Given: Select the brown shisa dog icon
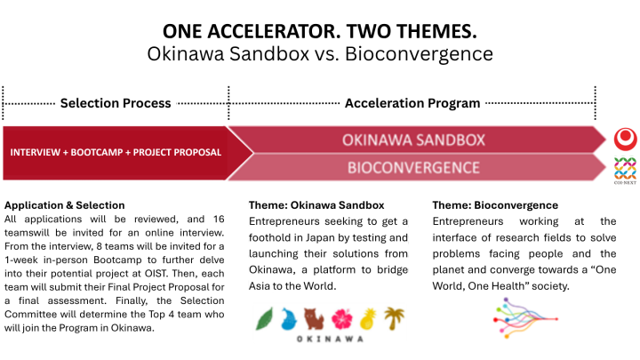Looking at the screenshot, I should coord(312,317).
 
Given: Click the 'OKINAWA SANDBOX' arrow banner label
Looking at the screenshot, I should coord(413,140).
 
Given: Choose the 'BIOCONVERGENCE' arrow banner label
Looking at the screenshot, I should coord(413,167).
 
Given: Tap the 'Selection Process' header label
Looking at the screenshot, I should coord(116,103).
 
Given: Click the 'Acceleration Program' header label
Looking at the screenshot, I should coord(412,103).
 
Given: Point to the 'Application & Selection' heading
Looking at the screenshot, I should coord(65,204).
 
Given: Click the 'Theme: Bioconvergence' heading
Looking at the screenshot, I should coord(495,204).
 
